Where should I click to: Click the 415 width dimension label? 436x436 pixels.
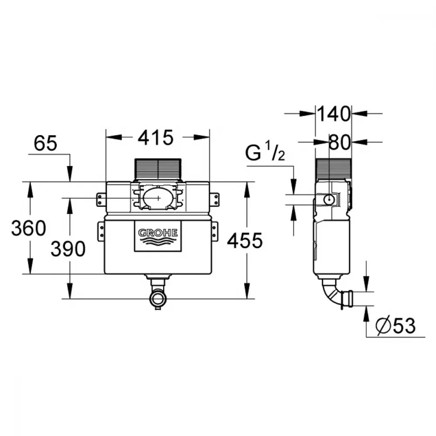click(156, 137)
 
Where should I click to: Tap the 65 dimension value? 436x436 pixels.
click(45, 143)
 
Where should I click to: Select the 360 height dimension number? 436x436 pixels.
click(29, 228)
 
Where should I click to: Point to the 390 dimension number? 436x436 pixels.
click(68, 249)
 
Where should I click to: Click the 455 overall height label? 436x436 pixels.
click(245, 241)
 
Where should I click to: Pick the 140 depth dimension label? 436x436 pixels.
click(334, 114)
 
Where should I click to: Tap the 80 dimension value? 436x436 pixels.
click(340, 143)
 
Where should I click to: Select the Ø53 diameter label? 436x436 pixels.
click(395, 325)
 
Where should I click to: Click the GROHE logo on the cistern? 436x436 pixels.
click(158, 236)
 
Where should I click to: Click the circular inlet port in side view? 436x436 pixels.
click(329, 199)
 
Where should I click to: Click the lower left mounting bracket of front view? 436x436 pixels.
click(101, 232)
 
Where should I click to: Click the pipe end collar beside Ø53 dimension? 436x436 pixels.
click(347, 299)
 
